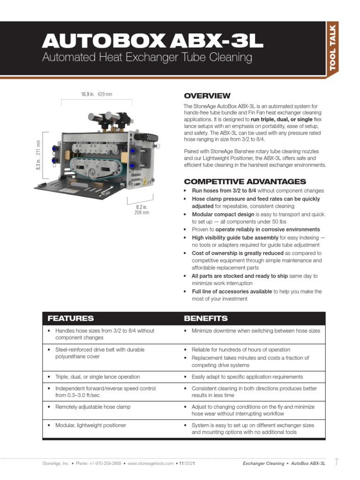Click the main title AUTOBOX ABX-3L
(152, 42)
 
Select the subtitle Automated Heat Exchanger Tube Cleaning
(147, 58)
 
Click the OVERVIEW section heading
(207, 96)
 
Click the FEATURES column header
(70, 318)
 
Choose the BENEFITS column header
(206, 318)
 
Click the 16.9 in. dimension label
(87, 94)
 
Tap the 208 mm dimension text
(142, 213)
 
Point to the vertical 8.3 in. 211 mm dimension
(38, 155)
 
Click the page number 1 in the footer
(336, 463)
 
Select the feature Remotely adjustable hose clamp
(93, 407)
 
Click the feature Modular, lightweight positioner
(90, 425)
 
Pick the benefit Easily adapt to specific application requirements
(247, 377)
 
